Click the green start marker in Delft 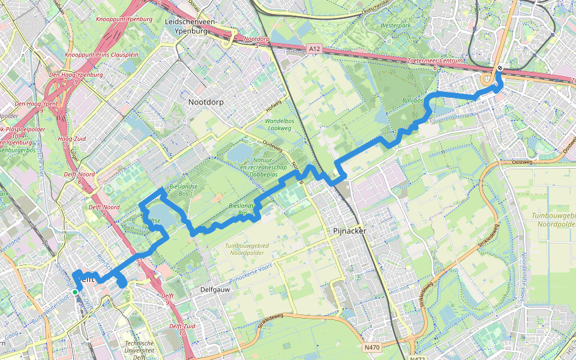75,292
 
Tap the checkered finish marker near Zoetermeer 499,68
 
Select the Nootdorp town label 206,102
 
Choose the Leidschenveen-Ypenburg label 190,26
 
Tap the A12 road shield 313,47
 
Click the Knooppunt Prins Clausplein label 101,55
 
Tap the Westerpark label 380,26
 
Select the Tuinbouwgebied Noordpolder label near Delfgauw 247,249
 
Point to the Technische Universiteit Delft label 139,350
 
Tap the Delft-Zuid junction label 181,326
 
